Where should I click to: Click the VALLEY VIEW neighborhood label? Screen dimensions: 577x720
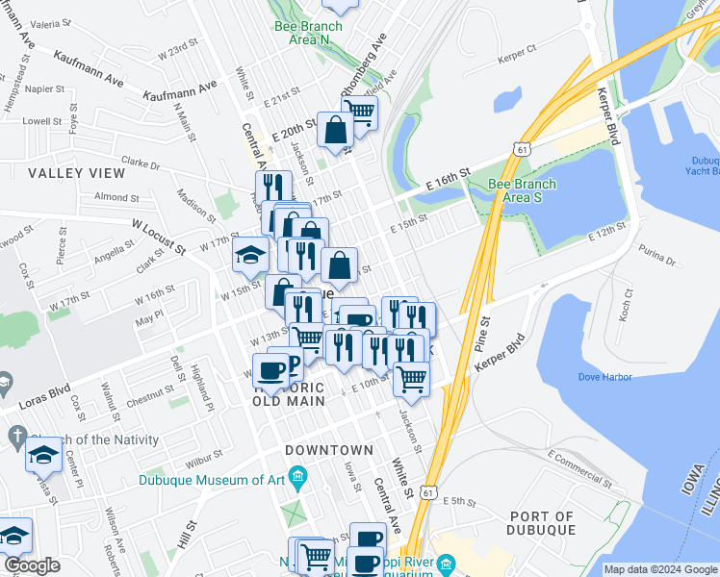pyautogui.click(x=77, y=173)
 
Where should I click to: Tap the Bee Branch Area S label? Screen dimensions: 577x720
pyautogui.click(x=522, y=190)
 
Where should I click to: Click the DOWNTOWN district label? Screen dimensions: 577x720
pyautogui.click(x=329, y=450)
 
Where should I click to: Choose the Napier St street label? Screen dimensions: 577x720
pyautogui.click(x=45, y=88)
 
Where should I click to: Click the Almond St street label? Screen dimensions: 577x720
pyautogui.click(x=117, y=197)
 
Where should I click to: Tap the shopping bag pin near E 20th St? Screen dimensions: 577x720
pyautogui.click(x=334, y=130)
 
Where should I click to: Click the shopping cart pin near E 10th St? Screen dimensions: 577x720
pyautogui.click(x=411, y=377)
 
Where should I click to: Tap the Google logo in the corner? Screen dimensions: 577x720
pyautogui.click(x=33, y=565)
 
